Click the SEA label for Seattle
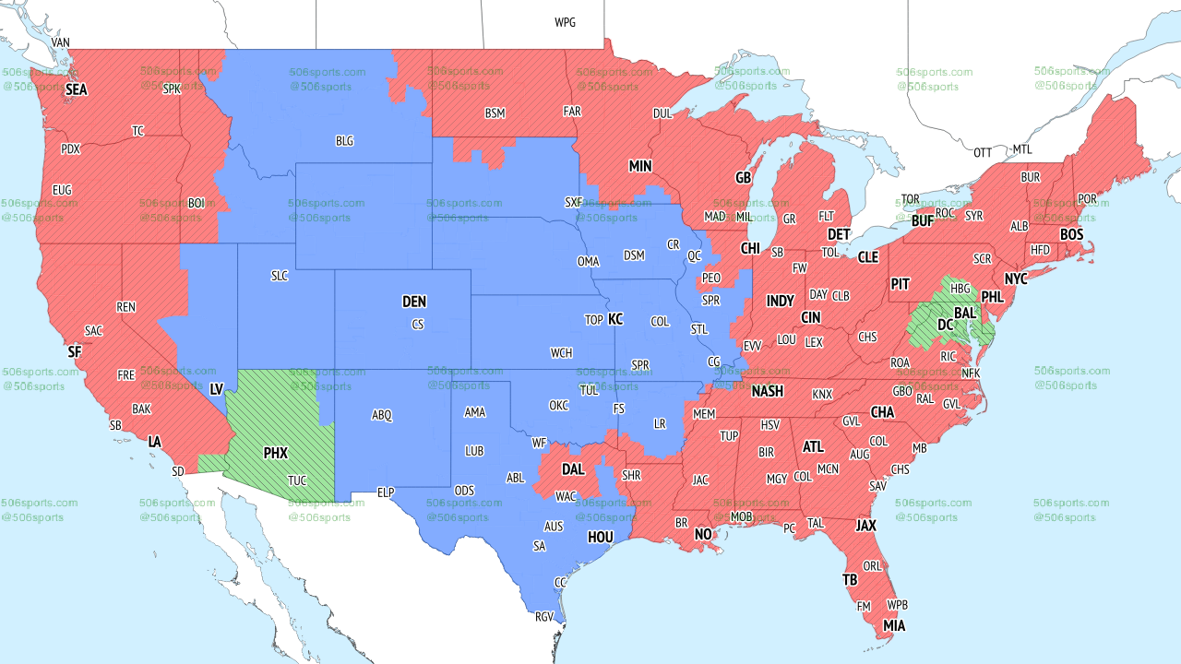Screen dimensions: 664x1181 [77, 89]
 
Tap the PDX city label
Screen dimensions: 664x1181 [70, 148]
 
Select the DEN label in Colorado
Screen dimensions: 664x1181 [414, 302]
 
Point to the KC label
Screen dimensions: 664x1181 [615, 319]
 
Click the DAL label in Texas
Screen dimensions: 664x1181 [573, 469]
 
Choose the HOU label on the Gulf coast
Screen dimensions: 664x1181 [601, 537]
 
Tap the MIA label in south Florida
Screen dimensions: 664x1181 [893, 626]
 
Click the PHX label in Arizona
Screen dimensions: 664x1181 [276, 453]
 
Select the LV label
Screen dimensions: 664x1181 [217, 390]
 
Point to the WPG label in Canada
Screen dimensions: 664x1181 [565, 22]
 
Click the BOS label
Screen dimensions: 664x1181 [1071, 235]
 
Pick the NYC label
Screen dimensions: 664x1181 [1016, 279]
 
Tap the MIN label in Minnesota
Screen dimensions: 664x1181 [640, 166]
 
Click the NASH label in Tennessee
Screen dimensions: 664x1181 [767, 391]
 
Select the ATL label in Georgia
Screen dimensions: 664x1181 [813, 446]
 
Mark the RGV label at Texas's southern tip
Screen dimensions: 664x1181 [544, 617]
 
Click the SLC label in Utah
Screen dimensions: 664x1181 [280, 275]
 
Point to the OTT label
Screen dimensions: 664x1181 [983, 152]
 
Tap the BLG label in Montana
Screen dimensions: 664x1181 [344, 141]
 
